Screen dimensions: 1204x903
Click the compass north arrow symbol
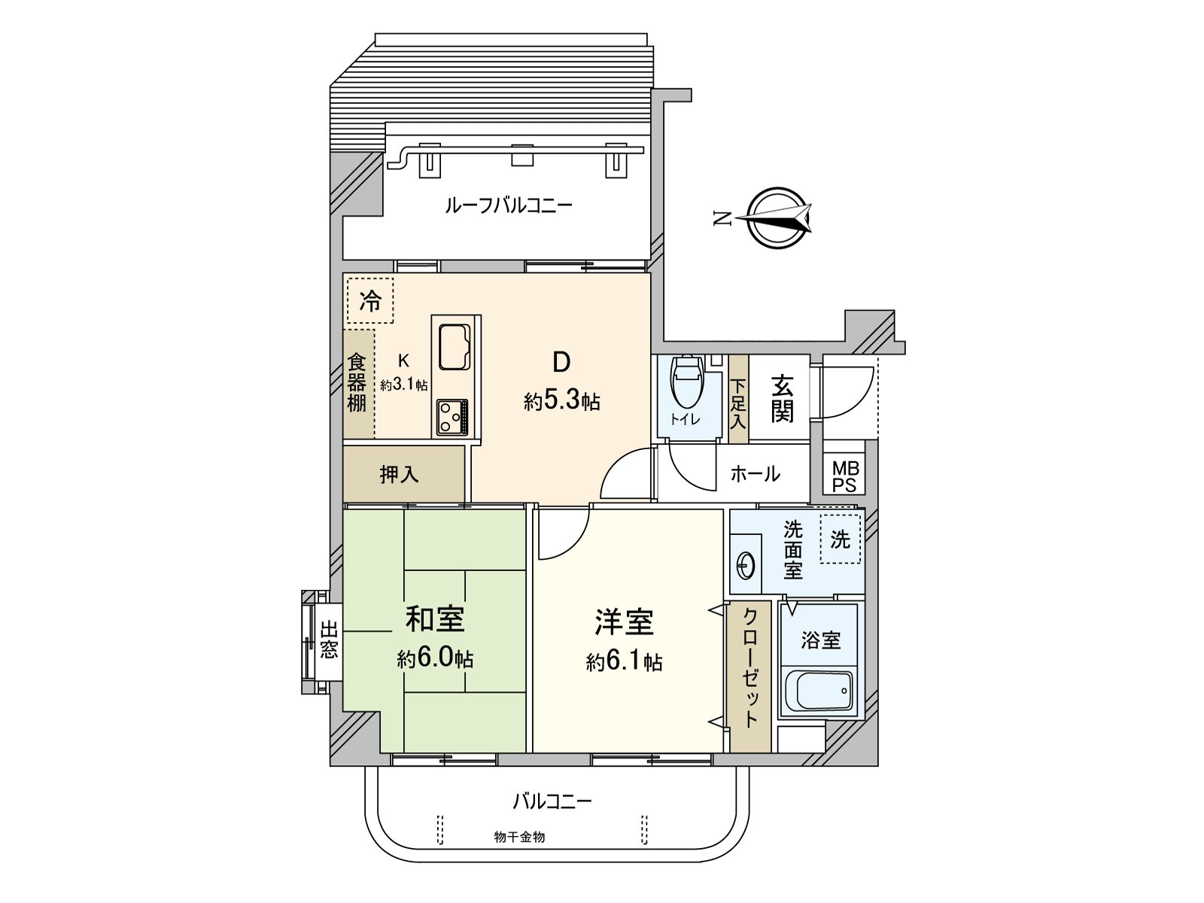click(779, 218)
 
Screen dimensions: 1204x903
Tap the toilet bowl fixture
click(687, 382)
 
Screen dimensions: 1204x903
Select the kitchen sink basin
click(455, 347)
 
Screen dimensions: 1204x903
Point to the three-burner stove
click(452, 417)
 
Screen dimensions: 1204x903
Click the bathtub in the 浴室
click(819, 691)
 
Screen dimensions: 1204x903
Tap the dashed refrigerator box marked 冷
click(370, 300)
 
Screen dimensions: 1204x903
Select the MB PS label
click(844, 477)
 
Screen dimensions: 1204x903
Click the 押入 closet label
click(400, 474)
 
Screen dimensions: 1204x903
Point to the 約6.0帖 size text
click(436, 659)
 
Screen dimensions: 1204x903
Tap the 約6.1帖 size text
click(625, 662)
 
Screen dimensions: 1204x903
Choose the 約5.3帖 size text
click(561, 402)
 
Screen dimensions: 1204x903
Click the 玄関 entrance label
click(782, 399)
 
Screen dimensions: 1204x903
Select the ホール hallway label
click(756, 474)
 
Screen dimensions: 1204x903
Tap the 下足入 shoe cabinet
click(738, 399)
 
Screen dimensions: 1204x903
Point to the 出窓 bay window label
click(329, 640)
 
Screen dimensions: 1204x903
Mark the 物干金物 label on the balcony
click(519, 838)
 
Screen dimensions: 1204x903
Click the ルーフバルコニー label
click(509, 205)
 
